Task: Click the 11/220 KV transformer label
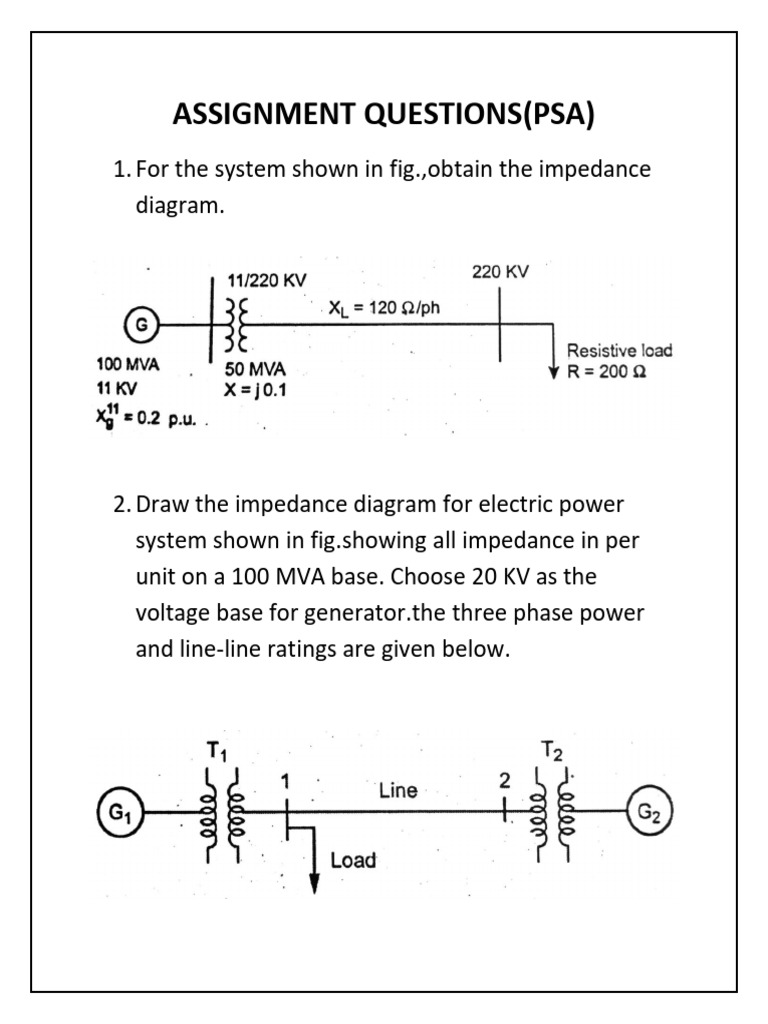click(267, 281)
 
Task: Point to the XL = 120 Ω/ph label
click(384, 308)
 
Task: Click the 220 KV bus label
click(500, 272)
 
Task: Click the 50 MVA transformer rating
click(256, 370)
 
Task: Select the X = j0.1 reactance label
click(256, 390)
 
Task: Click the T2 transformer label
click(552, 749)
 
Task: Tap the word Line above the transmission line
click(398, 791)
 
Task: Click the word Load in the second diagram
click(353, 860)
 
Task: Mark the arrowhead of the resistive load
click(552, 373)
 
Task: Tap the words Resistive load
click(619, 350)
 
